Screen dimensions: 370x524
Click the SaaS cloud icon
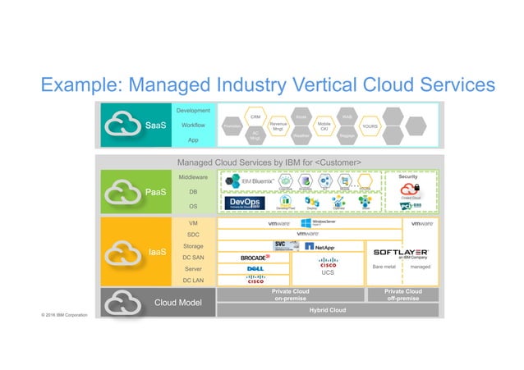click(x=122, y=126)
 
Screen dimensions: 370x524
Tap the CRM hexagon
click(x=255, y=117)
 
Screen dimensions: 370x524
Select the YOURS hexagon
click(x=370, y=126)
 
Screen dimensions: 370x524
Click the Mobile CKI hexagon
click(x=324, y=126)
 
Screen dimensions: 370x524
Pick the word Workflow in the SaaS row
click(x=193, y=126)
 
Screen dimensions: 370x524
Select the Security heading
click(x=409, y=176)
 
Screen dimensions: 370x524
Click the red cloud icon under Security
click(x=410, y=189)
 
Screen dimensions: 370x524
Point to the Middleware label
click(x=193, y=176)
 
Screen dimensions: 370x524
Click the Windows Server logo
click(x=319, y=223)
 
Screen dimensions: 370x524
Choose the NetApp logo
click(x=321, y=246)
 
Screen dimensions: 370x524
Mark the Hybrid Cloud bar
click(x=326, y=310)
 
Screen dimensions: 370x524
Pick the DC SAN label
click(x=193, y=258)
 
